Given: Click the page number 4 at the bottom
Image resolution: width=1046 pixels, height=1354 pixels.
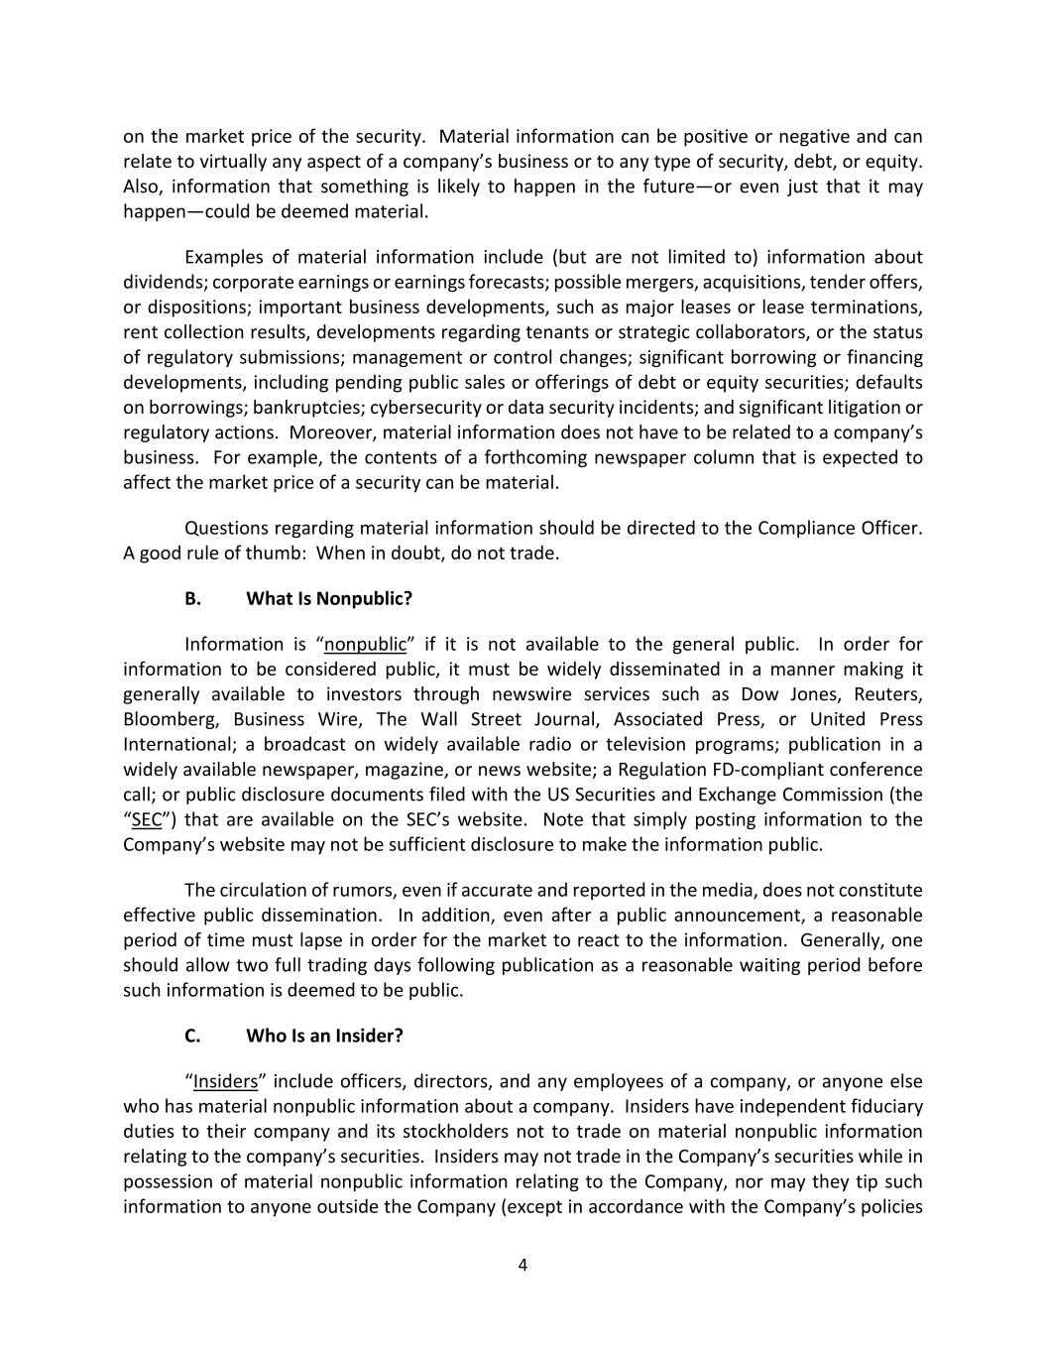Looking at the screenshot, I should tap(523, 1265).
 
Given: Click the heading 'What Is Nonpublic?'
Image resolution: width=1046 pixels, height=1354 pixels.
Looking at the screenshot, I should tap(329, 599).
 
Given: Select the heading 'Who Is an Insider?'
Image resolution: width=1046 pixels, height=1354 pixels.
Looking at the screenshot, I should tap(324, 1036).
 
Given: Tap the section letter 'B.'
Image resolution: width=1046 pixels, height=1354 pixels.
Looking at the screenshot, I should tap(192, 599).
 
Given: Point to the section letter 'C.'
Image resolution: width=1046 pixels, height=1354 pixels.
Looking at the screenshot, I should tap(192, 1036).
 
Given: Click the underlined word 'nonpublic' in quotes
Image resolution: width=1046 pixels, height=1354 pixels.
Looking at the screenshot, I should tap(366, 645).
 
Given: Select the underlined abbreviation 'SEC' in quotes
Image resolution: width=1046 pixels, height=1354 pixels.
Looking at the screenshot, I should tap(147, 820).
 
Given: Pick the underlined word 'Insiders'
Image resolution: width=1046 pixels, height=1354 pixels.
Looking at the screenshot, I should tap(225, 1081).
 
